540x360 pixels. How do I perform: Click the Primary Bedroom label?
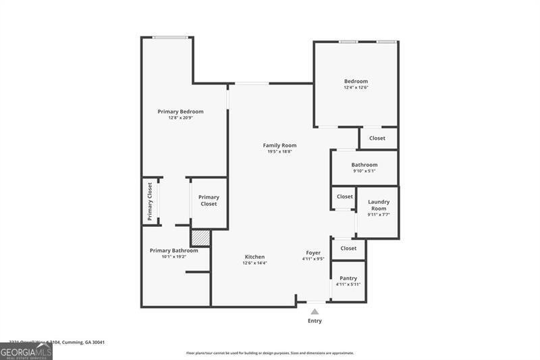pos(180,111)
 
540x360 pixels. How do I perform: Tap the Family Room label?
pos(279,145)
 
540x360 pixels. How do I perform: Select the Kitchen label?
pos(254,257)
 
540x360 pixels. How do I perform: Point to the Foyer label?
pos(313,253)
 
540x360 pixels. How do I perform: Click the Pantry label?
pos(348,278)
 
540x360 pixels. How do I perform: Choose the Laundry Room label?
pos(378,205)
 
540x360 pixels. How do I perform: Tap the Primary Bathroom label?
pos(174,251)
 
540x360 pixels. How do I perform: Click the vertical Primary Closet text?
pos(150,201)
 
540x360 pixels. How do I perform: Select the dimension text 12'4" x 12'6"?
pos(356,87)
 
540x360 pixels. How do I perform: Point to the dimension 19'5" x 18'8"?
pos(279,151)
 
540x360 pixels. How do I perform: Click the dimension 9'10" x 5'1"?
pos(364,171)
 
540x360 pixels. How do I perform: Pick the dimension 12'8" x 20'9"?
pos(180,118)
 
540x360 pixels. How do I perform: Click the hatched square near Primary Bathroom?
pos(200,238)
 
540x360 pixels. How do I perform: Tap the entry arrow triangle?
pos(315,311)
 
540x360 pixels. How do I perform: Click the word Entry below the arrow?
pos(315,321)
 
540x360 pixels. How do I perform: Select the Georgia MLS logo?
pos(26,351)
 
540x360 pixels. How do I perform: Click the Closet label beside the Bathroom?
pos(377,138)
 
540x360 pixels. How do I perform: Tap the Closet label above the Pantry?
pos(348,249)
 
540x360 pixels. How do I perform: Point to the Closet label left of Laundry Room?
pos(345,197)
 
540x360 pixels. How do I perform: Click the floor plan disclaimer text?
pos(270,353)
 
